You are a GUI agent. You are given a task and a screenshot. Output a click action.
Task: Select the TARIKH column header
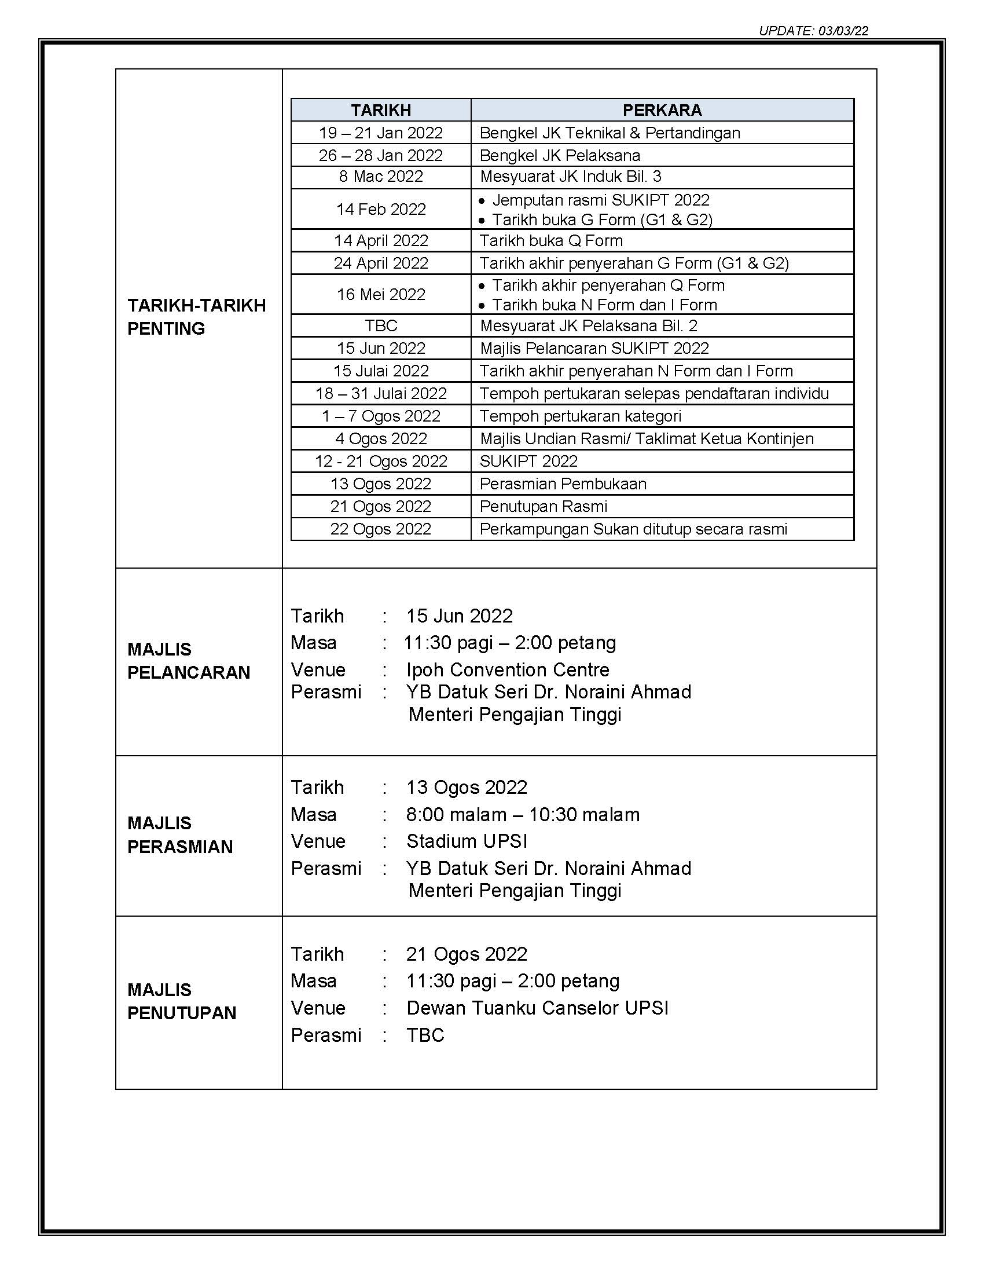[381, 110]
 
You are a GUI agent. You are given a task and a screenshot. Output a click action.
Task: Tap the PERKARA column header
[662, 110]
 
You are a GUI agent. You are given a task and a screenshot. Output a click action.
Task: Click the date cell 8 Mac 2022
[381, 177]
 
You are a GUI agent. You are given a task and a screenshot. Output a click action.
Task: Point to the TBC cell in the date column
[381, 325]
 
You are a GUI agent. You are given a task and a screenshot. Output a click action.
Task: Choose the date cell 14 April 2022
[381, 240]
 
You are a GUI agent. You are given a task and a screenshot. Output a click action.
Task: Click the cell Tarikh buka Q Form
[551, 240]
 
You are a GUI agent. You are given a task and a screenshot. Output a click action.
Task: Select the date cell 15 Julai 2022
[381, 371]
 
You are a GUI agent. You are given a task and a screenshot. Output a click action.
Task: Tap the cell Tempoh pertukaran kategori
[580, 416]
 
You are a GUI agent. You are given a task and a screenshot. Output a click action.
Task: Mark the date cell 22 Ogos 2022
[381, 529]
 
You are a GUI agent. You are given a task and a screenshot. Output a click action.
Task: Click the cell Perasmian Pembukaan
[563, 484]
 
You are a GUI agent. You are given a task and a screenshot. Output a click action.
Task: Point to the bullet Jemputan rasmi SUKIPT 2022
[600, 200]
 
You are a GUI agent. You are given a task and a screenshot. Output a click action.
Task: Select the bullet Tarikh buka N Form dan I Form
[604, 305]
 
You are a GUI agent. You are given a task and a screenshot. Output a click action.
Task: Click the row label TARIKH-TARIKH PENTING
[196, 317]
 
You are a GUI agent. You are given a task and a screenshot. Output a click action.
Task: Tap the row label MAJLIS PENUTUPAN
[182, 1001]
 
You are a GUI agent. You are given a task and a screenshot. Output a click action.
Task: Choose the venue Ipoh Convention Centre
[508, 669]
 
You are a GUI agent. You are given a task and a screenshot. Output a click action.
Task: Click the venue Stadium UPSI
[467, 841]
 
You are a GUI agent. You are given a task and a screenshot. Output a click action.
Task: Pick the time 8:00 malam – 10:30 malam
[522, 814]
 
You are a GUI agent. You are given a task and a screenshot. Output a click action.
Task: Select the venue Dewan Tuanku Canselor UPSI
[537, 1008]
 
